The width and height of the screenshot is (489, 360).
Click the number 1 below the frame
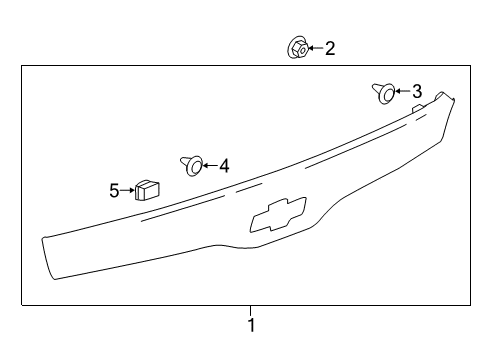click(x=251, y=325)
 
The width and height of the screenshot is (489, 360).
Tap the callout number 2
click(x=330, y=47)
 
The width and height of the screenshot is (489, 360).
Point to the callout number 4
click(x=225, y=166)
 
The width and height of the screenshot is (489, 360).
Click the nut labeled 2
click(x=297, y=47)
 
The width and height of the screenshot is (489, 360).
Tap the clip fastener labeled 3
click(x=385, y=93)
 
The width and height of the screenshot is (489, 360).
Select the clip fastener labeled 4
click(x=192, y=162)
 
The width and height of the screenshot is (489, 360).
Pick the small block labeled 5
click(x=148, y=189)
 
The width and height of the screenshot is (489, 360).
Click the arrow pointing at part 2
click(x=314, y=47)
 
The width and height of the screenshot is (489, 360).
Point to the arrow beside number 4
click(x=210, y=165)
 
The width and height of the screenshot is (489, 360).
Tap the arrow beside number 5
click(x=129, y=190)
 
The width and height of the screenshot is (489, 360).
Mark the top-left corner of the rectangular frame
click(x=22, y=66)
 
